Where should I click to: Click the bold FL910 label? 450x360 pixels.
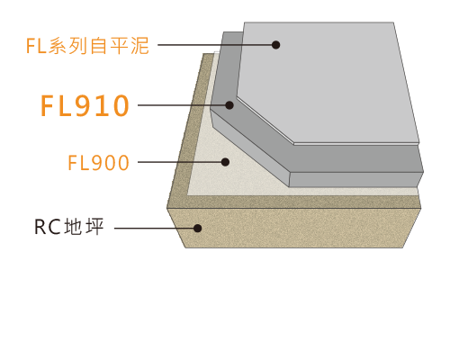point(85,105)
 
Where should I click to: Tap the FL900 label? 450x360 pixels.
point(99,163)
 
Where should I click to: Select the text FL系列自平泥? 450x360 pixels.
point(87,46)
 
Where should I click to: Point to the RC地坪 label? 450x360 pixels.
point(69,227)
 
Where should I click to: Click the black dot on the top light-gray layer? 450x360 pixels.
point(276,45)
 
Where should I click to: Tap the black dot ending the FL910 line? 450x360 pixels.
point(229,105)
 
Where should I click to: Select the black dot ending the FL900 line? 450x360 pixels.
point(225,162)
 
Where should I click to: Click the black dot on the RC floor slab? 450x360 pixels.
point(197,229)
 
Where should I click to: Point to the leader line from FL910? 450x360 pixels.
point(182,105)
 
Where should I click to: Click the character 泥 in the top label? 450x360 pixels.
point(139,46)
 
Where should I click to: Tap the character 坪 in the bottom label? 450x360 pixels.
point(94,227)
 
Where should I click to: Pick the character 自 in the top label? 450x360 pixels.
point(99,46)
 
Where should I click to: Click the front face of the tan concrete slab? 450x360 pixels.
point(294,228)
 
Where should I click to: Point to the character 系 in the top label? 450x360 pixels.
point(58,46)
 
